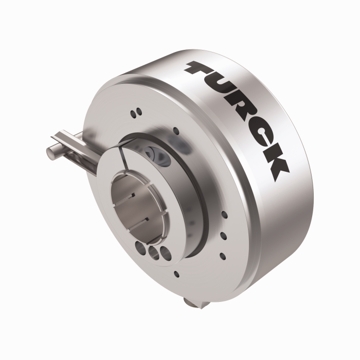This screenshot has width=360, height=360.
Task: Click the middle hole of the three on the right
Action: click(224, 235)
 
